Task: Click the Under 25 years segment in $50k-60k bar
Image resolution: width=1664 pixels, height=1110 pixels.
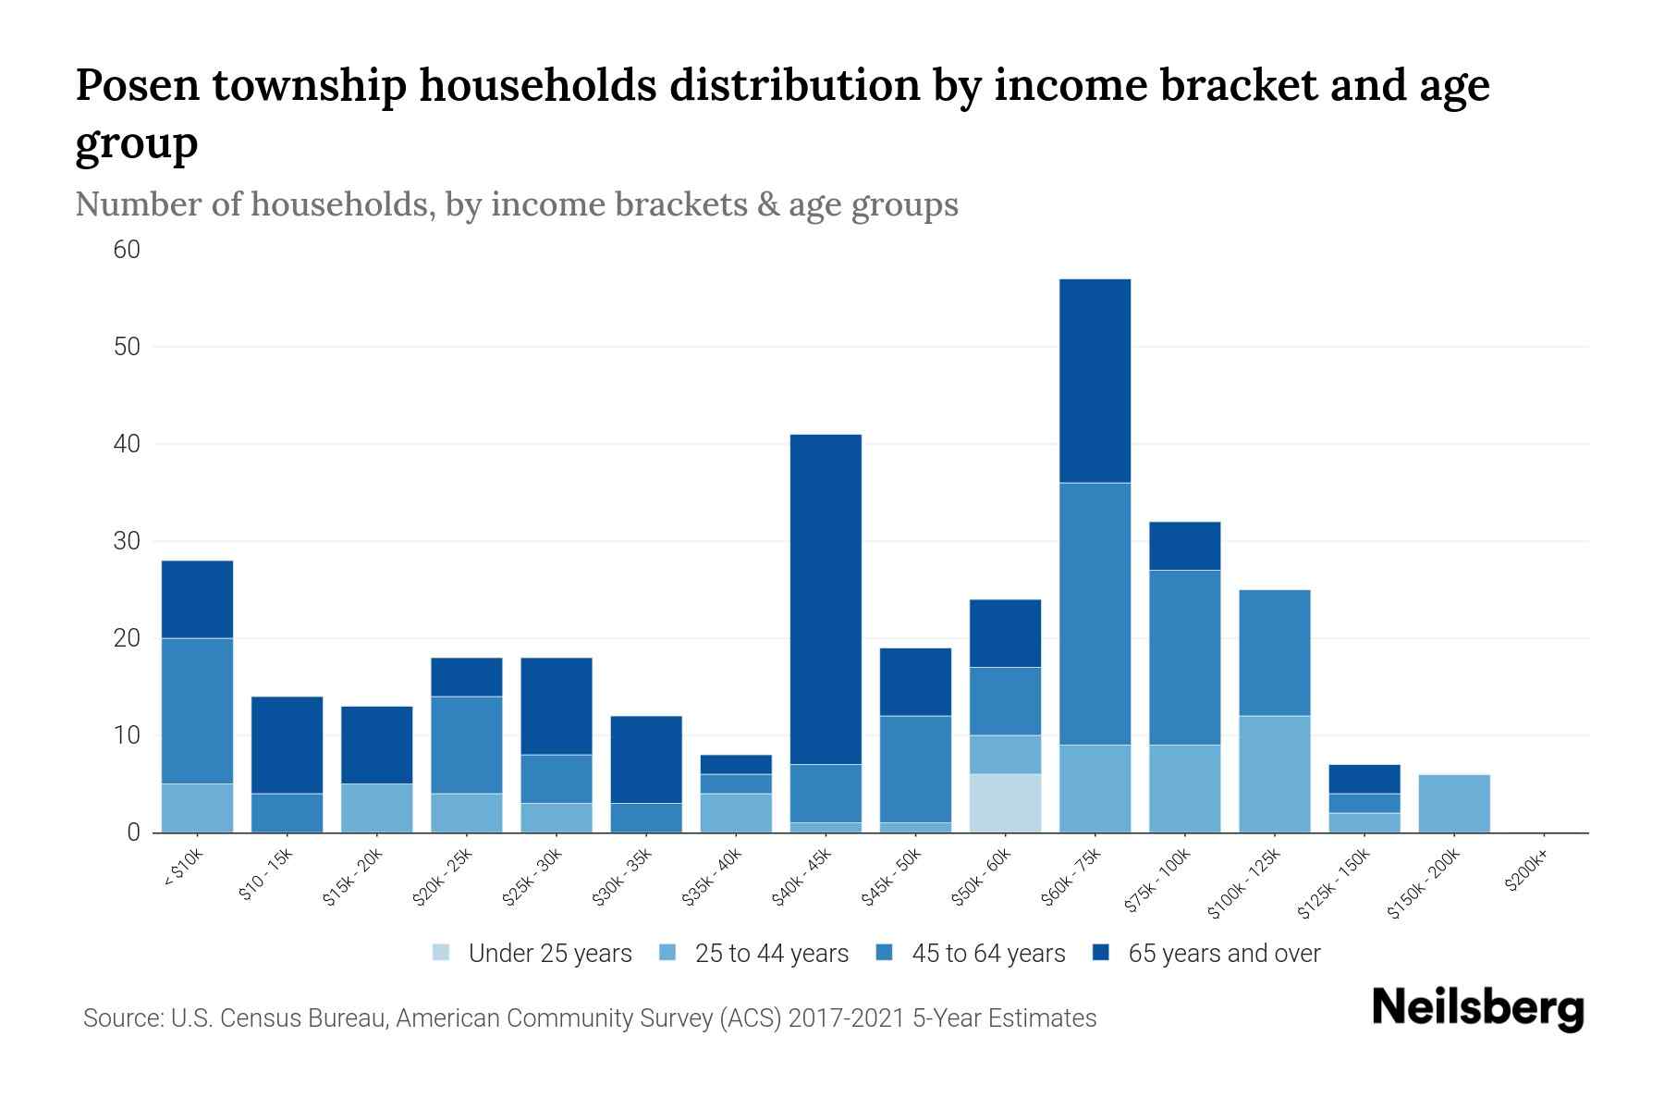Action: pos(1005,803)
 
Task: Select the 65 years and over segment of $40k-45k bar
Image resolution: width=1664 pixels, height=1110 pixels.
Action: pos(826,598)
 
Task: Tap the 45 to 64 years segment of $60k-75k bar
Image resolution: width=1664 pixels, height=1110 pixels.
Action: pos(1095,613)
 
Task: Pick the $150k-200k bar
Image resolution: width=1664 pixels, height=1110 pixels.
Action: pos(1454,803)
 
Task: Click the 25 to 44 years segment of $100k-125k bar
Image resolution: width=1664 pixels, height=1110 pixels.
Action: pos(1274,773)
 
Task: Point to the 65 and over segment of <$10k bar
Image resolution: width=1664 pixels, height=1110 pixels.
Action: pos(197,598)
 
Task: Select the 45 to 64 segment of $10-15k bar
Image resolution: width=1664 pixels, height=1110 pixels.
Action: pos(287,812)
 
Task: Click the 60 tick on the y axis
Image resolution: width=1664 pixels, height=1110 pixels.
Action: pos(127,250)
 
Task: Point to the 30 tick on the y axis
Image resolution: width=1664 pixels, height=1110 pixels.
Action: pos(127,541)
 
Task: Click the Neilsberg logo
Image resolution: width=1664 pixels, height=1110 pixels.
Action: pos(1477,1008)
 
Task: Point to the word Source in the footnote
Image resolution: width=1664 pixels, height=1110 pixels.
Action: pos(121,1018)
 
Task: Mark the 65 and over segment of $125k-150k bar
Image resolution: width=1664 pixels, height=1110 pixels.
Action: pos(1364,779)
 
